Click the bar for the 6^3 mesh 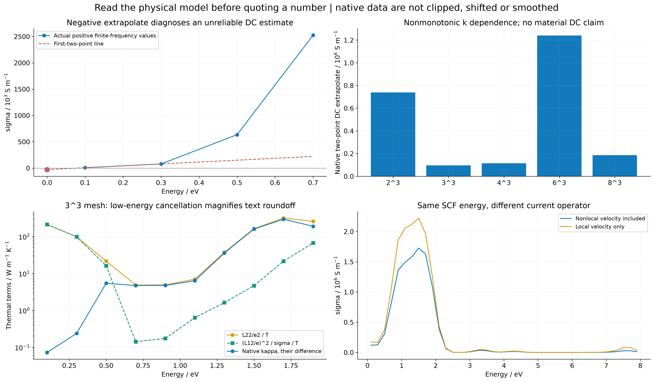(559, 106)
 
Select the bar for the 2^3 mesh (393, 134)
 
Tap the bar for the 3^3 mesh (448, 171)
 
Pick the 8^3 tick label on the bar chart (615, 183)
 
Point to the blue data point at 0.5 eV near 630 (237, 135)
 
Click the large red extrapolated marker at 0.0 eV (47, 170)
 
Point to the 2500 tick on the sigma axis (22, 37)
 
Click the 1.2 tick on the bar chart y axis (349, 40)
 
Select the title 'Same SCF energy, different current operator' (504, 206)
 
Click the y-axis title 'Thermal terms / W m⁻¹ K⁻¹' (9, 285)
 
